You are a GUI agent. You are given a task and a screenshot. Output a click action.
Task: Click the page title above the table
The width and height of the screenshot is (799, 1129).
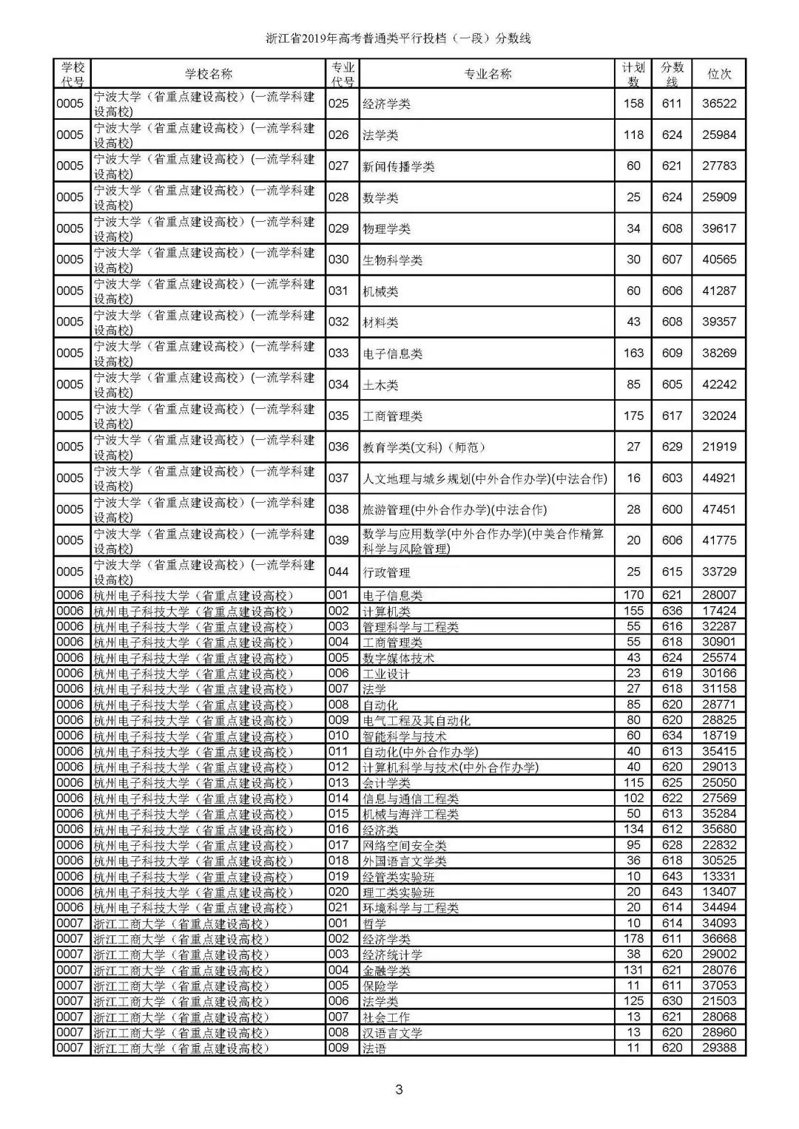click(399, 38)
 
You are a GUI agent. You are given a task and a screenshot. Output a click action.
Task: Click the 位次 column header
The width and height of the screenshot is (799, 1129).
click(719, 74)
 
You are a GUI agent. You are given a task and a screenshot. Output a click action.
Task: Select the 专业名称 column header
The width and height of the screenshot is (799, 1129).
click(487, 74)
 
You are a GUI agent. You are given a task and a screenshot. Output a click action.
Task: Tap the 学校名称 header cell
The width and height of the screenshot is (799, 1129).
click(208, 74)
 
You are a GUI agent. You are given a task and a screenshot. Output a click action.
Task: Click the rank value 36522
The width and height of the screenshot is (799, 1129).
click(719, 104)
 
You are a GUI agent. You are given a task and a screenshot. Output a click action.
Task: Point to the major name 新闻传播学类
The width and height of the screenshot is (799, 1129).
click(398, 166)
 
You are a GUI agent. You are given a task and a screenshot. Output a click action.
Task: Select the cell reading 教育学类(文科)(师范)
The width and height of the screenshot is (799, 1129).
click(423, 447)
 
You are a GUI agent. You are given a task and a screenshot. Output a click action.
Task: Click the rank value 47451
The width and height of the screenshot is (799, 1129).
click(719, 509)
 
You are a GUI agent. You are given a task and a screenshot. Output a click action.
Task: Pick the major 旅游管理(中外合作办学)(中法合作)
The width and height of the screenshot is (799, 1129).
click(454, 509)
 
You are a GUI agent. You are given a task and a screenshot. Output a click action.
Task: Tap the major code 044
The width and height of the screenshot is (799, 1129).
click(338, 572)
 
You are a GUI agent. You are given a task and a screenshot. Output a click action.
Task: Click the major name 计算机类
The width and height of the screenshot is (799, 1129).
click(386, 611)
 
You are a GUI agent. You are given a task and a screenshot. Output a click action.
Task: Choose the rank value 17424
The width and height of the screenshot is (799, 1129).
click(719, 611)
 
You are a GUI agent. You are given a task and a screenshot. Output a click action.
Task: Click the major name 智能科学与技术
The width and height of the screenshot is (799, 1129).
click(404, 736)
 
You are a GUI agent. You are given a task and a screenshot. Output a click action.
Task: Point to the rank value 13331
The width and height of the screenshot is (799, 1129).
click(719, 876)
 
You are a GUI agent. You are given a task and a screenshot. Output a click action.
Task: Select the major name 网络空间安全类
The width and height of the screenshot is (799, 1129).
click(404, 846)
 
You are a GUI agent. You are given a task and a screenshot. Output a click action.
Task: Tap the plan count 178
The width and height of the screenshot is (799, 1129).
click(633, 938)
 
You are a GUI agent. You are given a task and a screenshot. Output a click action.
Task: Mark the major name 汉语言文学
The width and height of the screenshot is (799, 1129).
click(392, 1033)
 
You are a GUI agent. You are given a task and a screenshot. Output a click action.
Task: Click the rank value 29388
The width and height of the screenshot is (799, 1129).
click(719, 1048)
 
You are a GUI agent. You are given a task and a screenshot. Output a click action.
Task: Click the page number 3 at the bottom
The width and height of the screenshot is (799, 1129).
click(399, 1089)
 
